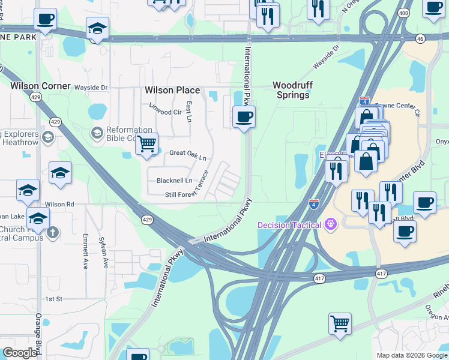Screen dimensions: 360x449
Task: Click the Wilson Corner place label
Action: [x=41, y=86]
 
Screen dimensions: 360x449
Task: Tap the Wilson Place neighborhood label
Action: [x=172, y=90]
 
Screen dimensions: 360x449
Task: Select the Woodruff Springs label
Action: [x=292, y=90]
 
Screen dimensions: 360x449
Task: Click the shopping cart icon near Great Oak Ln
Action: [x=146, y=145]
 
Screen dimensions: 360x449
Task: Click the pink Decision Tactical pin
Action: [x=330, y=225]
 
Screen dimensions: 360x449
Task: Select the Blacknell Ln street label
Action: [x=174, y=181]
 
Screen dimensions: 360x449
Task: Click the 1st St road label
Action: [x=53, y=299]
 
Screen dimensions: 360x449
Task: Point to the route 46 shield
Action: [x=420, y=38]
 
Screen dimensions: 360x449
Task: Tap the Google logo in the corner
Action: [x=20, y=353]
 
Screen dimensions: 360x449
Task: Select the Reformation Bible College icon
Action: [x=96, y=132]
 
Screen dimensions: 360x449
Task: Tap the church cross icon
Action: [x=53, y=232]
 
